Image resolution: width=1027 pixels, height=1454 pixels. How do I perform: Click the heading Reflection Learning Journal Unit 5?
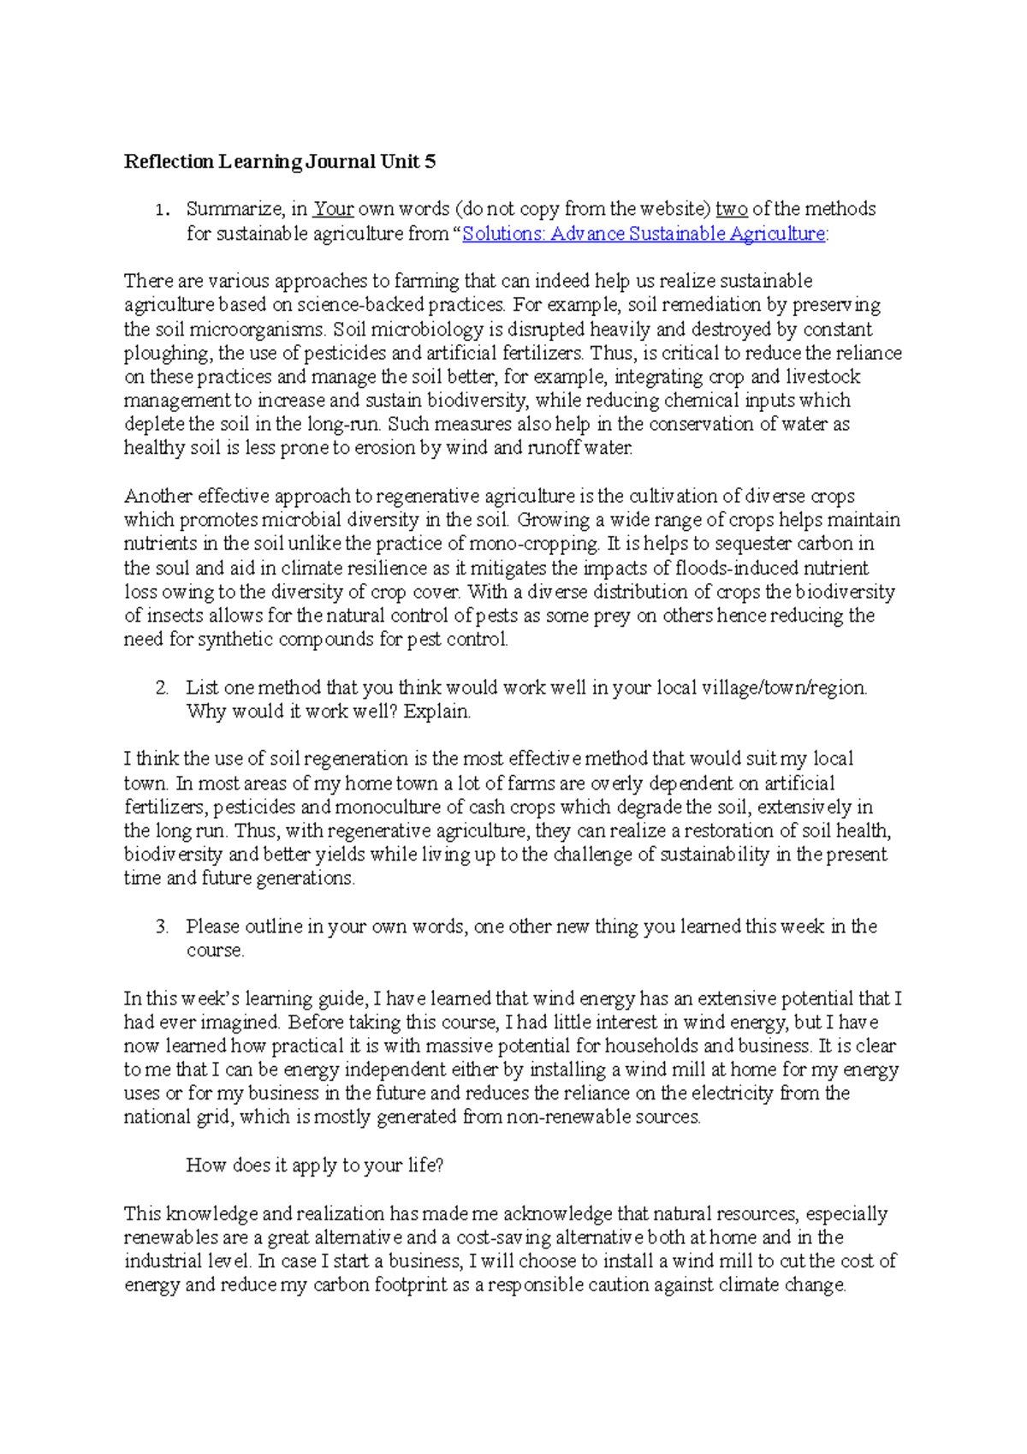coord(280,162)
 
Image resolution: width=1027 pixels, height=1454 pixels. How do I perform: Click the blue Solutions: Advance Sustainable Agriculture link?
coord(644,234)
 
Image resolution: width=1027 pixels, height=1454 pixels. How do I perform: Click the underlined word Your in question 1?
coord(333,209)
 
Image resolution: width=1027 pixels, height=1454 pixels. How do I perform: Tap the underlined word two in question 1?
coord(732,209)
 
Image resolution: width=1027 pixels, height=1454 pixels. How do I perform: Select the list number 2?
coord(162,688)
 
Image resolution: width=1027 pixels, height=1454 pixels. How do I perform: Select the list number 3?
coord(162,927)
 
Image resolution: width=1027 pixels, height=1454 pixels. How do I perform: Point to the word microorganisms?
coord(257,330)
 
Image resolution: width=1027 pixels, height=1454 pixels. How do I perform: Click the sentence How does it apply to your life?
coord(314,1165)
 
